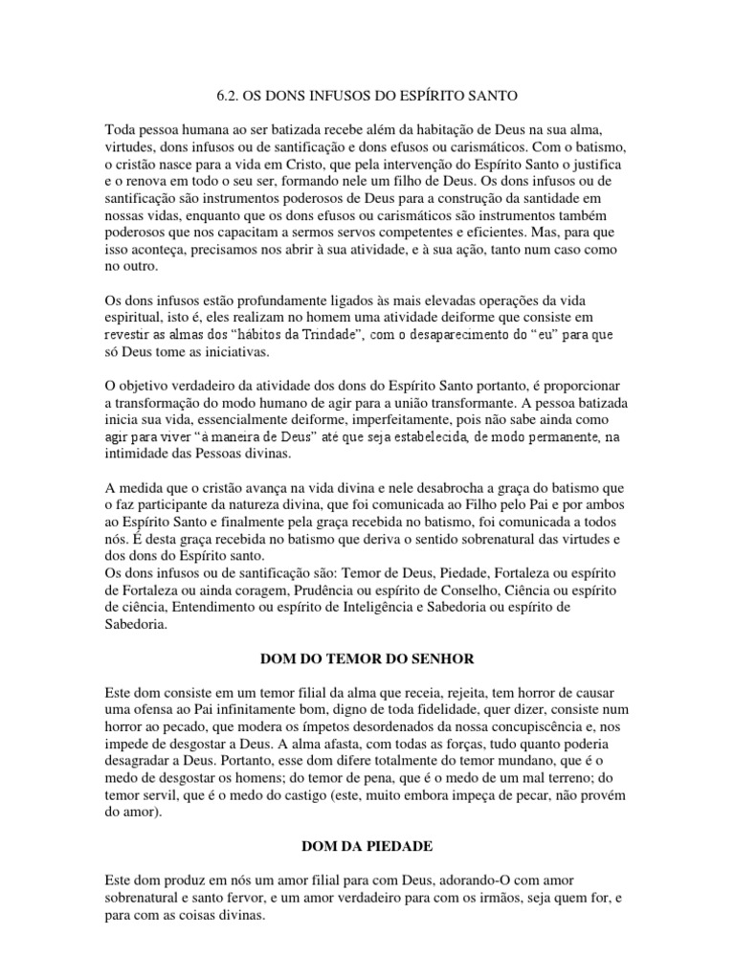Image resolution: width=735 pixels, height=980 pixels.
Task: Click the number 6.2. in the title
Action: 222,97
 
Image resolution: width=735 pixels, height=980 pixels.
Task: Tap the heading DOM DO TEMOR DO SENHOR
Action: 367,659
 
